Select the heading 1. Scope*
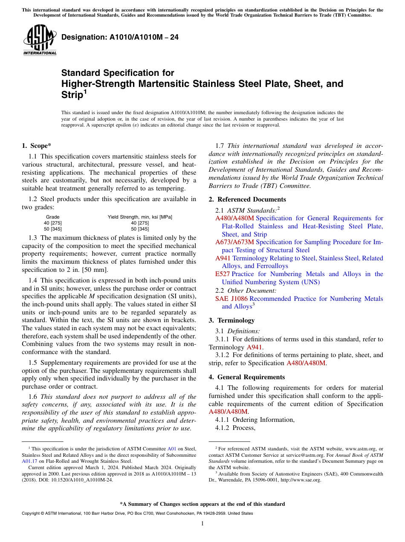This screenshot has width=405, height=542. pos(37,146)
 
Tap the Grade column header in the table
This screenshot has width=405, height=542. pos(52,217)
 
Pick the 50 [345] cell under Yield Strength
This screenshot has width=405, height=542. pos(140,229)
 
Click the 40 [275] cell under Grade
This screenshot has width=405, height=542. pos(52,223)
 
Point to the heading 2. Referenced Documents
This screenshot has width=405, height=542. pos(247,199)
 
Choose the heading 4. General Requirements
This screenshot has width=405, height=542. pos(246,377)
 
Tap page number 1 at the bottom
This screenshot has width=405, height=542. pos(202,524)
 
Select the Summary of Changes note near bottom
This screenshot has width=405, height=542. pos(202,504)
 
